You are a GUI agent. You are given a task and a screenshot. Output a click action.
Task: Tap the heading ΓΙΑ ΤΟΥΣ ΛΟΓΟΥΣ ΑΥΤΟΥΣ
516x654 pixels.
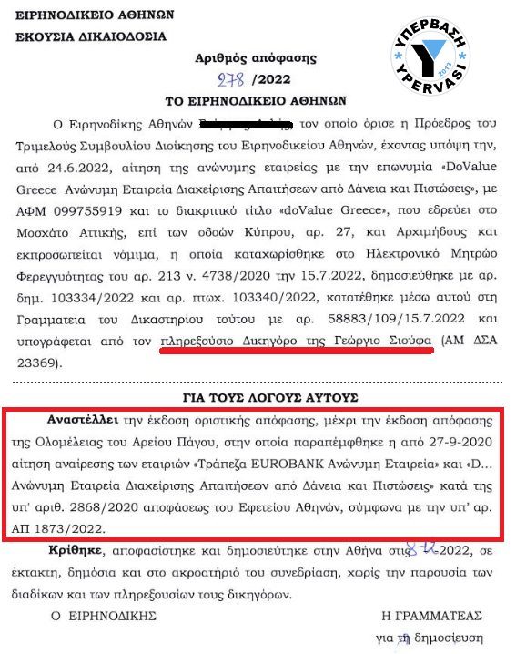[x=258, y=396]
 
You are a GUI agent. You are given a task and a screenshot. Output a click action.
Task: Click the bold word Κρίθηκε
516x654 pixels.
[x=75, y=554]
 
